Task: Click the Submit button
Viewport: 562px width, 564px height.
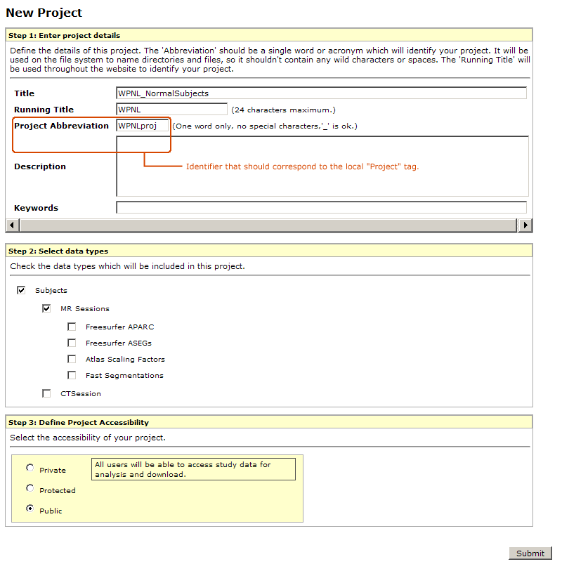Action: [x=530, y=553]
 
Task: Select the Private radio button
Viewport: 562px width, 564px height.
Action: [x=30, y=468]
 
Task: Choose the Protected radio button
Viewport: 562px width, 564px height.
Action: [x=30, y=488]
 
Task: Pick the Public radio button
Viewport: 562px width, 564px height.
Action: [x=30, y=509]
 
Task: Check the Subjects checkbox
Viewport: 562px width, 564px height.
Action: [x=21, y=289]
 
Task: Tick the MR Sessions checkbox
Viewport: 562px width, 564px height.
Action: [x=46, y=308]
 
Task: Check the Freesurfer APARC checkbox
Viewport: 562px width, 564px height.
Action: [x=72, y=326]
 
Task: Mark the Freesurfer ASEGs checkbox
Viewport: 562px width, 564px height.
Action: [x=72, y=343]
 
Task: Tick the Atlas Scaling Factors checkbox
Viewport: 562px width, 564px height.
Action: [x=72, y=359]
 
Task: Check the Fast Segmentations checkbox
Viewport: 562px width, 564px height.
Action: [x=72, y=375]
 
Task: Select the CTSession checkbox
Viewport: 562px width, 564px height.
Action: [x=46, y=393]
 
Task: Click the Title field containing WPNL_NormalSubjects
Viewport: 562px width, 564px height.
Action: [x=321, y=93]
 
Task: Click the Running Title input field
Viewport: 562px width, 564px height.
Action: [x=171, y=110]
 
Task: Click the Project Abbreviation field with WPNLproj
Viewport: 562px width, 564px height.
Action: [x=143, y=126]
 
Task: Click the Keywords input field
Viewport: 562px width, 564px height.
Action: [x=321, y=207]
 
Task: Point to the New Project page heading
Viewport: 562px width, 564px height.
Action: [x=44, y=13]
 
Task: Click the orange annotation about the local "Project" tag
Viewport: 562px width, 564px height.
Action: [x=302, y=166]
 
